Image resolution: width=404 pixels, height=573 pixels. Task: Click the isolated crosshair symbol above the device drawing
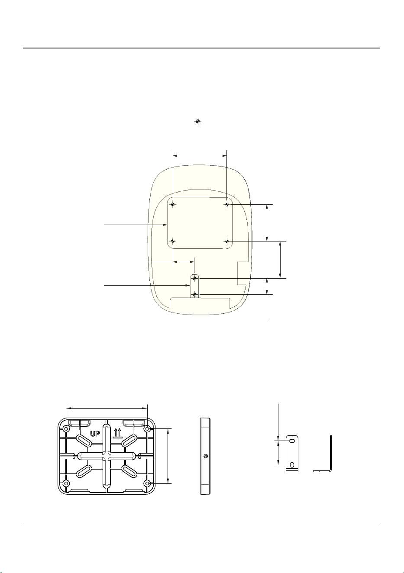click(197, 122)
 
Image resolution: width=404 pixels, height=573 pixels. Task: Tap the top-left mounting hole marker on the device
click(173, 204)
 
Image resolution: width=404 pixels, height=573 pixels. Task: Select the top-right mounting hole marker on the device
click(227, 204)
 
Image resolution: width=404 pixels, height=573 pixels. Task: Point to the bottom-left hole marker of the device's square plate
click(173, 241)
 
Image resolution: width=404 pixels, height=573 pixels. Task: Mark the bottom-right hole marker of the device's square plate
click(227, 241)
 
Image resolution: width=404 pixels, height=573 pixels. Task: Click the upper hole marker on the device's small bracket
click(194, 278)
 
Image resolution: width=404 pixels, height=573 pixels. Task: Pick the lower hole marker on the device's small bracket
click(194, 295)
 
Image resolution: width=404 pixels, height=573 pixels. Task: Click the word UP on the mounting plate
click(95, 434)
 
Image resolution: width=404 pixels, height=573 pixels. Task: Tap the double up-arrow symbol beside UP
click(117, 434)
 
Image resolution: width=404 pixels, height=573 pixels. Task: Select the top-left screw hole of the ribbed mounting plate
click(66, 428)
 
